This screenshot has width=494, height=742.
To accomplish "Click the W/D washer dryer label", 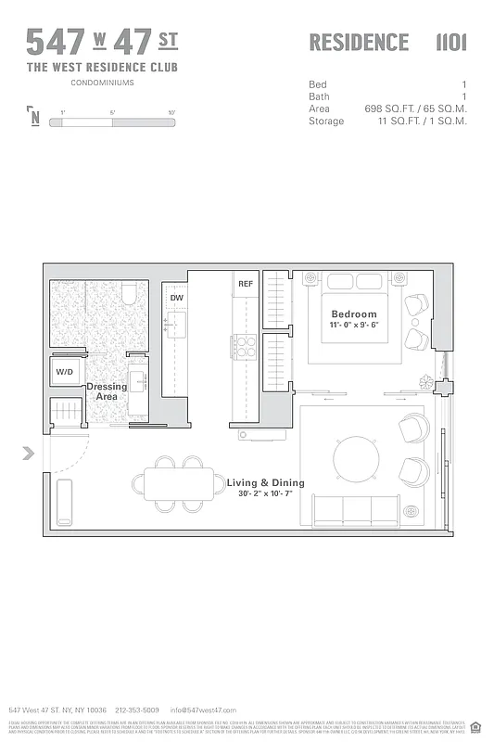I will point(64,372).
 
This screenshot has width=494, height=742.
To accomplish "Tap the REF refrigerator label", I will point(246,284).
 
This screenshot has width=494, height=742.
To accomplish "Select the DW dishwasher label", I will point(176,298).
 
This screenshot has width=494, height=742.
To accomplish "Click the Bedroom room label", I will point(354,314).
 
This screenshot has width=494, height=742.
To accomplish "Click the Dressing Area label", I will point(107,391).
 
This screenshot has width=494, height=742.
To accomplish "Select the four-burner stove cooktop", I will point(245,347).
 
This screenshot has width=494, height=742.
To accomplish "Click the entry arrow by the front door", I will point(29,453).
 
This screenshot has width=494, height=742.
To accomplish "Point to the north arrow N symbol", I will point(34,118).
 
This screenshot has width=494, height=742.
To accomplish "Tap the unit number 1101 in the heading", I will point(450,43).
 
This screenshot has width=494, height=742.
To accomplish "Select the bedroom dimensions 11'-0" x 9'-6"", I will point(354,326).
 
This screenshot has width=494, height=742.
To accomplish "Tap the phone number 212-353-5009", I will point(138,710).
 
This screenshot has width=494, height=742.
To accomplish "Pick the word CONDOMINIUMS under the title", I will point(102,83).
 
